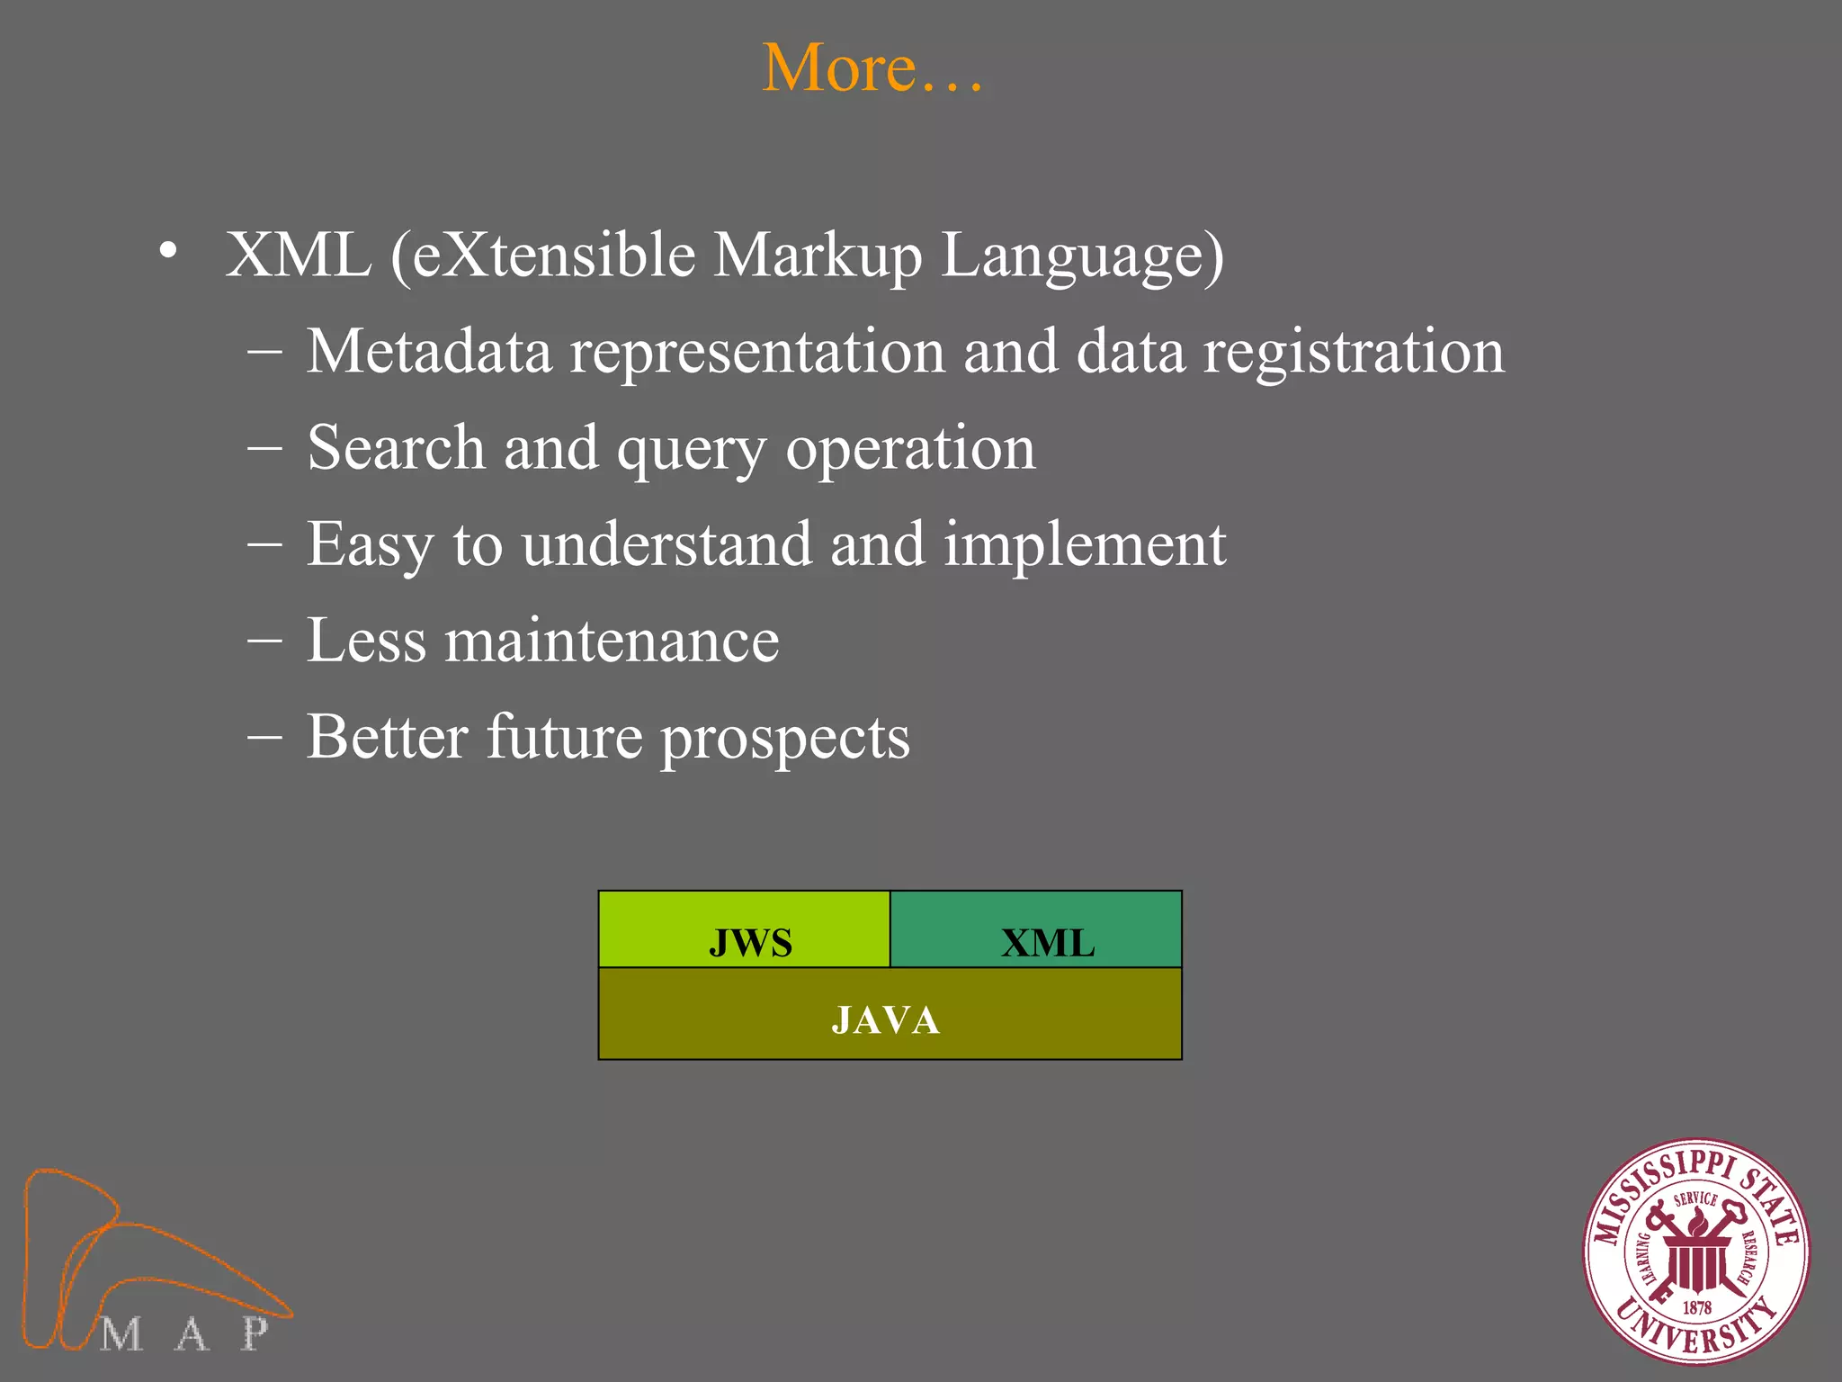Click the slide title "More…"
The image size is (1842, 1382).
pos(872,68)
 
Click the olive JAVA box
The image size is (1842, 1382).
pos(890,1015)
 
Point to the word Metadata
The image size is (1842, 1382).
pos(428,351)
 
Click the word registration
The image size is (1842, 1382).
pos(1353,353)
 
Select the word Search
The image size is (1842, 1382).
pos(396,447)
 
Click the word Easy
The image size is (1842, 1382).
pos(370,545)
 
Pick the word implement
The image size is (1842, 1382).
pos(1085,545)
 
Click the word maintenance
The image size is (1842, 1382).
pos(612,641)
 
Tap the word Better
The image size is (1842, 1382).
pos(387,737)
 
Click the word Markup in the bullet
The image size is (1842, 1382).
pos(818,256)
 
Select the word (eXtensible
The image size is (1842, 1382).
pos(542,256)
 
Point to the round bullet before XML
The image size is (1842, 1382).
pos(168,253)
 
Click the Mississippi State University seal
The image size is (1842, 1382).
pos(1695,1252)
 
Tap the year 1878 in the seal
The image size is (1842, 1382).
pos(1696,1307)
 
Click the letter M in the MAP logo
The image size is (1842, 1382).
pos(121,1333)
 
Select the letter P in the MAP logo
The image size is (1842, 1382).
pos(255,1333)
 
